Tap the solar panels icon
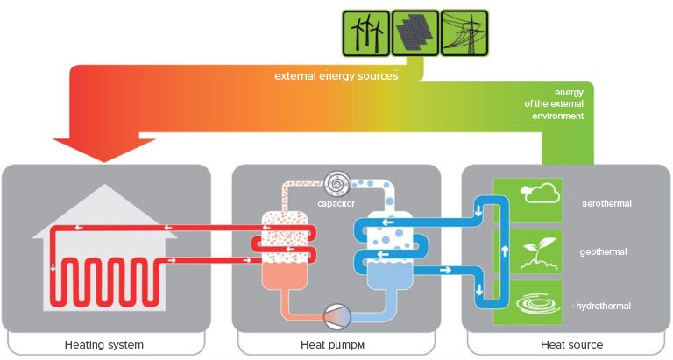tap(414, 32)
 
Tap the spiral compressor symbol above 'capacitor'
tap(336, 183)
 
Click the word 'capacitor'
tap(336, 206)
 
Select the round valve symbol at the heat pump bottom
tap(336, 314)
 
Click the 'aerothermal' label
tap(606, 203)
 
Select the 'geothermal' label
tap(604, 252)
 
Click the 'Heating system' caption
tap(104, 344)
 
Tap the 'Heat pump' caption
tap(336, 344)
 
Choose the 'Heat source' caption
tap(571, 344)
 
